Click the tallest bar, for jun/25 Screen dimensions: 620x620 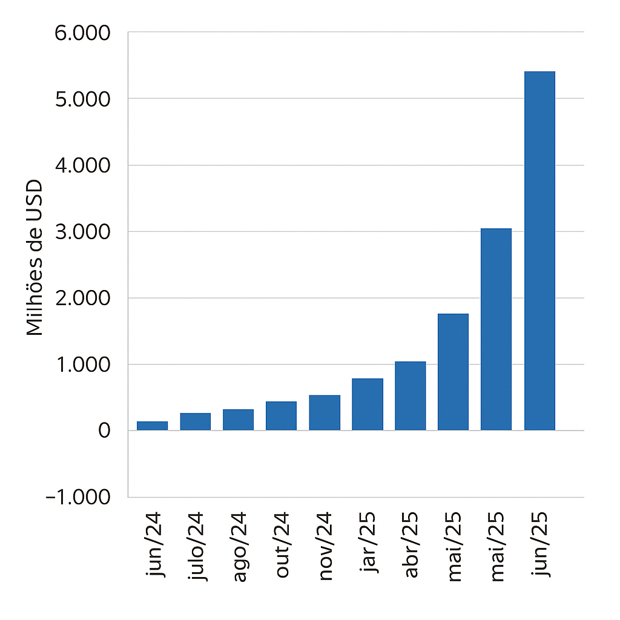[x=539, y=251]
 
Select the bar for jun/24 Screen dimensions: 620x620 [x=152, y=426]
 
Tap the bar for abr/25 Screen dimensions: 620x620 [x=411, y=396]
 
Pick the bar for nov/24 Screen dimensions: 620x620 [x=325, y=413]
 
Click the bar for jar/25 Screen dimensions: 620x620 [x=368, y=404]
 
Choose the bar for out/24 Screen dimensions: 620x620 [x=281, y=416]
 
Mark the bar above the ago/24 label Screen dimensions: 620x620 [x=238, y=420]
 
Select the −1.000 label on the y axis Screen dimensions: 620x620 [x=78, y=497]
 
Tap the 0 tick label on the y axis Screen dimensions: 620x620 [x=104, y=431]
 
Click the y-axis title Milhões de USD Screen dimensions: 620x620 [x=35, y=258]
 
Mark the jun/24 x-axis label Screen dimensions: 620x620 [x=155, y=545]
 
